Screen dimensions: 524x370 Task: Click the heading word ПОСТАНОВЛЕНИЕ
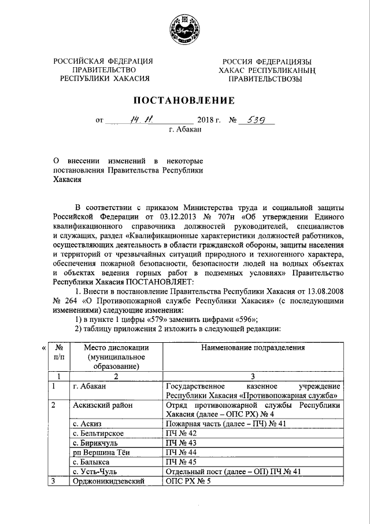click(x=185, y=101)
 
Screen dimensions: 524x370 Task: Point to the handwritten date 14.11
click(x=140, y=120)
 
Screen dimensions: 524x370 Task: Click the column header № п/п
click(x=59, y=352)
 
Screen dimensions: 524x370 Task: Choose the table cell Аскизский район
click(x=103, y=406)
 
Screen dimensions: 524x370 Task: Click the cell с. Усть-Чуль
click(x=96, y=472)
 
